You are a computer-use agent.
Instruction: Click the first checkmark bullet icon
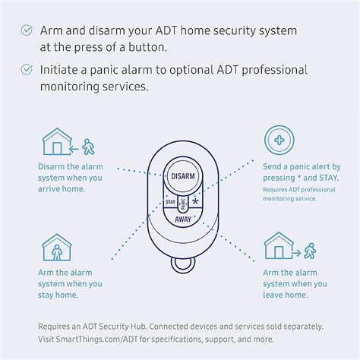(27, 31)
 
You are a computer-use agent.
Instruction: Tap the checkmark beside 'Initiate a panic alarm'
(27, 71)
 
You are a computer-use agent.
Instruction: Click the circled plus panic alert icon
(279, 141)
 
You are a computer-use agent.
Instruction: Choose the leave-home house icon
(279, 248)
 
